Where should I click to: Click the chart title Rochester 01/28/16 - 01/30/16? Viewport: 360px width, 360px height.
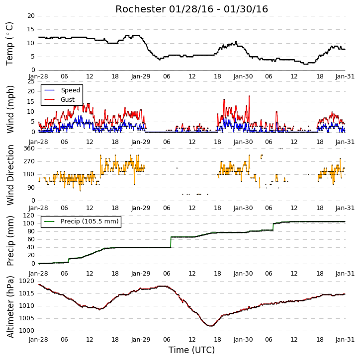(x=191, y=9)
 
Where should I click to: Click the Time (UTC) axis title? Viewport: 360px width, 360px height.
(x=191, y=350)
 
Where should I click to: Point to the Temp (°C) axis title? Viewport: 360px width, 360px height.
(x=9, y=44)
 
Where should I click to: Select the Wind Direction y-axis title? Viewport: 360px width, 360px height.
(x=10, y=175)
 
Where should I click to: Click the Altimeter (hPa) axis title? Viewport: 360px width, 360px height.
(x=10, y=307)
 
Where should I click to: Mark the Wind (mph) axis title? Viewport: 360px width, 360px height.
(x=10, y=109)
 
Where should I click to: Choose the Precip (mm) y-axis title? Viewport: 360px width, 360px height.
(x=10, y=241)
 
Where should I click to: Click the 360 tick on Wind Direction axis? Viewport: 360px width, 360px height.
(x=29, y=148)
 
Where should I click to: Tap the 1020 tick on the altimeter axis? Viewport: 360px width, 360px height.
(x=27, y=281)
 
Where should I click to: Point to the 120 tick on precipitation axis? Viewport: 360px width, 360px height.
(x=29, y=216)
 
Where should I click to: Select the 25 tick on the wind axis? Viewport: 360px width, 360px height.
(x=31, y=82)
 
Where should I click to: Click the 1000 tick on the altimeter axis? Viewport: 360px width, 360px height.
(x=27, y=331)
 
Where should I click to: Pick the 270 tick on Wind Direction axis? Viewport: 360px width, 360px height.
(x=29, y=161)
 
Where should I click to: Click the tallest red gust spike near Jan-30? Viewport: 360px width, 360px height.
(x=249, y=96)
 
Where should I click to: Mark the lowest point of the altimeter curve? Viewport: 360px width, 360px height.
(x=210, y=326)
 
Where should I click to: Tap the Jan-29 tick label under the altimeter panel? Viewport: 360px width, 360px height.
(x=141, y=340)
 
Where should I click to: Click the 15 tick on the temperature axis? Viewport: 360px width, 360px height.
(x=31, y=29)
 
